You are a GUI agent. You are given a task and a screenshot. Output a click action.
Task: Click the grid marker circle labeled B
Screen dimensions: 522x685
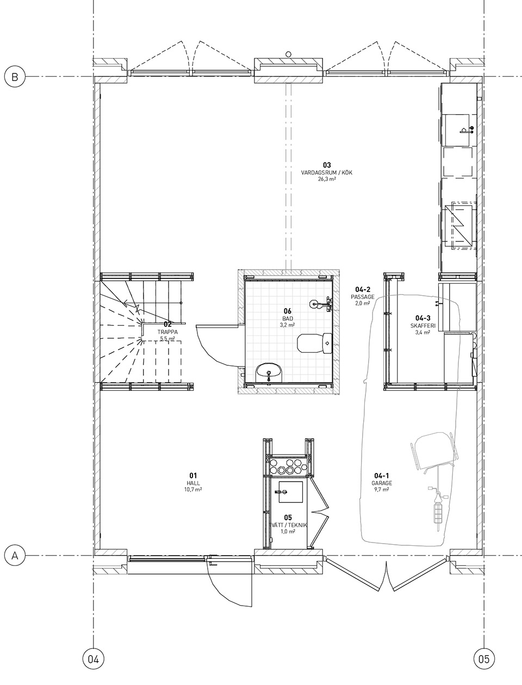pyautogui.click(x=15, y=77)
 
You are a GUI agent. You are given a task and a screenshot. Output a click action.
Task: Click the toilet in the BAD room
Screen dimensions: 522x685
pyautogui.click(x=314, y=343)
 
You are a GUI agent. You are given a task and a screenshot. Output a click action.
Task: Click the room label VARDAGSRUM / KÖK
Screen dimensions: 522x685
pyautogui.click(x=326, y=172)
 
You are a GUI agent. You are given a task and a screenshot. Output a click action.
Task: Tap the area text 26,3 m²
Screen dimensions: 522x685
pyautogui.click(x=327, y=179)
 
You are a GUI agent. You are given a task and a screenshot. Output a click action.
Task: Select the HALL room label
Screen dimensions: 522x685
pyautogui.click(x=192, y=483)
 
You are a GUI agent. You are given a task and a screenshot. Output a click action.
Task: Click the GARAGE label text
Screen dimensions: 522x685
pyautogui.click(x=382, y=483)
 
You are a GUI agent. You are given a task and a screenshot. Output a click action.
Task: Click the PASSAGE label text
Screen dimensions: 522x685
pyautogui.click(x=363, y=297)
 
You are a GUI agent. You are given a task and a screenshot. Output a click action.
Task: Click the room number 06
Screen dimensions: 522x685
pyautogui.click(x=287, y=311)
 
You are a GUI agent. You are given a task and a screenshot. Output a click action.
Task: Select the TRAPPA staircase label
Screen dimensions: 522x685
pyautogui.click(x=167, y=332)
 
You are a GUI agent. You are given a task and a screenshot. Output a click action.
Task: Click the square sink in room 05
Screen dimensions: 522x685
pyautogui.click(x=290, y=492)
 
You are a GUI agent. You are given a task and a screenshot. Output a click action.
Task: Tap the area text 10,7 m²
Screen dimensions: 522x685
pyautogui.click(x=193, y=490)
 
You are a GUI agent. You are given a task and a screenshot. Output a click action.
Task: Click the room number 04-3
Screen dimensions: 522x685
pyautogui.click(x=423, y=318)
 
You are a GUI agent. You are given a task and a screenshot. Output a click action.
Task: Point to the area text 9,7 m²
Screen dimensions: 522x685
pyautogui.click(x=382, y=490)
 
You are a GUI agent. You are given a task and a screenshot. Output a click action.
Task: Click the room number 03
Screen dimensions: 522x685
pyautogui.click(x=327, y=165)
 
